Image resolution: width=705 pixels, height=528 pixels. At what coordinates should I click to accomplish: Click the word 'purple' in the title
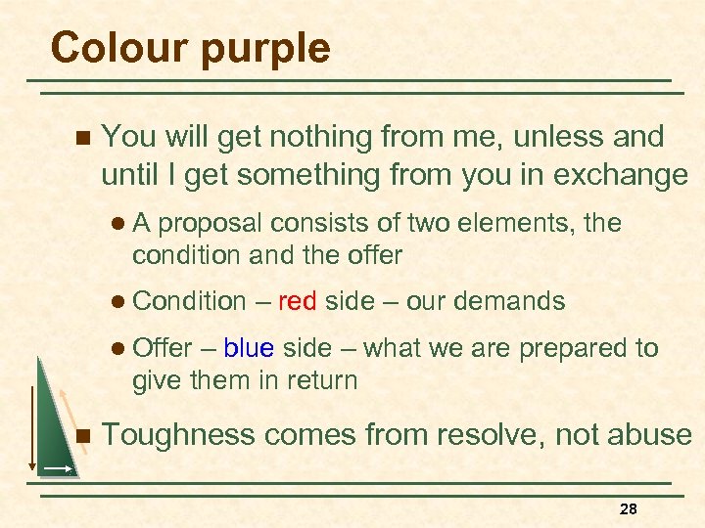[x=263, y=47]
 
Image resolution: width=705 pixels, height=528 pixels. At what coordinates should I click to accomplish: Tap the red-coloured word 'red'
[x=297, y=301]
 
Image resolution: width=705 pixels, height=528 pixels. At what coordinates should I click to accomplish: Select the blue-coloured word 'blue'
[x=248, y=348]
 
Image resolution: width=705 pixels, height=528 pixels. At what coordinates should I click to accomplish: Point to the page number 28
[x=628, y=509]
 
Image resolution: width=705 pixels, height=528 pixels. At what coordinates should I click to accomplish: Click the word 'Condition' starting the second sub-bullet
[x=189, y=301]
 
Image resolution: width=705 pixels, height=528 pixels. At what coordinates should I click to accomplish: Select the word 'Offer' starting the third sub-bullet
[x=164, y=348]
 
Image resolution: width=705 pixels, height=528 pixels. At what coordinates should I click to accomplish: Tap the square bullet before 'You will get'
[x=81, y=137]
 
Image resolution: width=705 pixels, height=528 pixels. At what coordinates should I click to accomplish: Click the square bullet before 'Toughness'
[x=81, y=435]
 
